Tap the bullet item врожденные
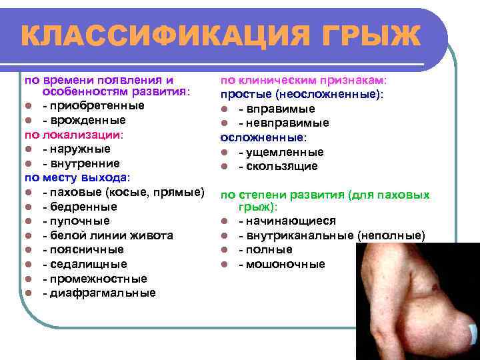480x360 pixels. pyautogui.click(x=87, y=121)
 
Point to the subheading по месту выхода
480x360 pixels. pyautogui.click(x=77, y=178)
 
